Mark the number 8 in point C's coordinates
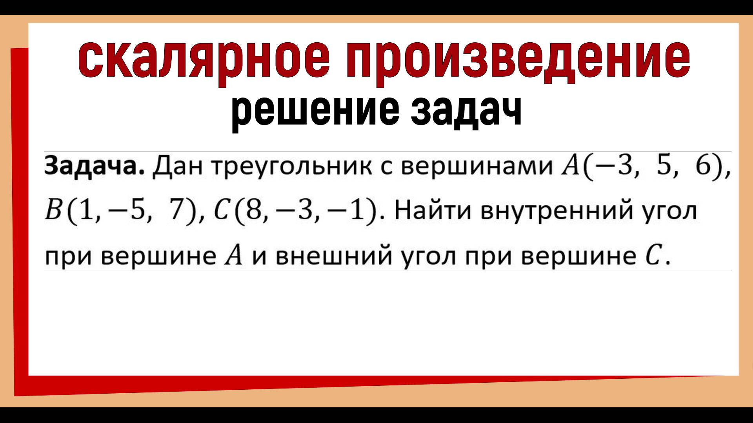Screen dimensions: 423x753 (243, 211)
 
